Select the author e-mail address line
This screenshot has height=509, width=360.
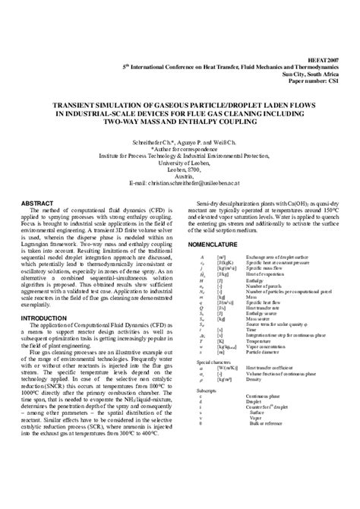180,183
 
